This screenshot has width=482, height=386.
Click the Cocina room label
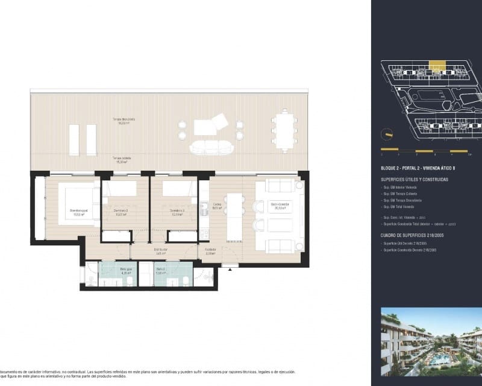coord(218,205)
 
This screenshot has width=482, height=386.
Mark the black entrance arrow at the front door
coord(229,270)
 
